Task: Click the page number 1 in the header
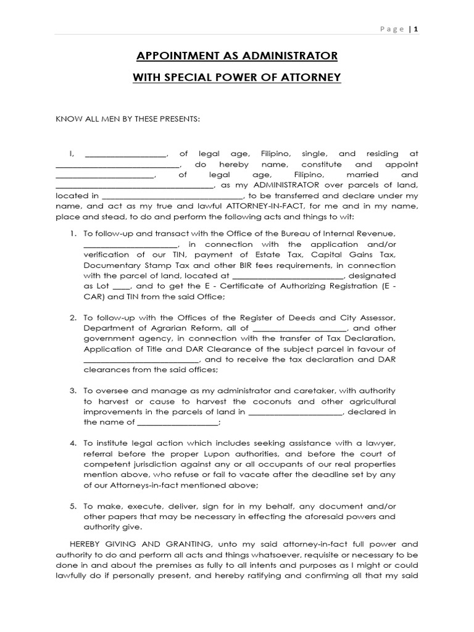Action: [x=416, y=29]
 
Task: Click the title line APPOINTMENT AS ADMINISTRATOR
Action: [x=237, y=56]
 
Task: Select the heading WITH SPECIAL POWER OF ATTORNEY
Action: [x=237, y=78]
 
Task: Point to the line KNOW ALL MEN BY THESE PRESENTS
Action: [x=128, y=118]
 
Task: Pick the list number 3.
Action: [x=72, y=391]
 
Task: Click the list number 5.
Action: [x=72, y=506]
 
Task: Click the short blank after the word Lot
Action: [x=122, y=286]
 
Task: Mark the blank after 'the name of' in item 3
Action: [x=177, y=423]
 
